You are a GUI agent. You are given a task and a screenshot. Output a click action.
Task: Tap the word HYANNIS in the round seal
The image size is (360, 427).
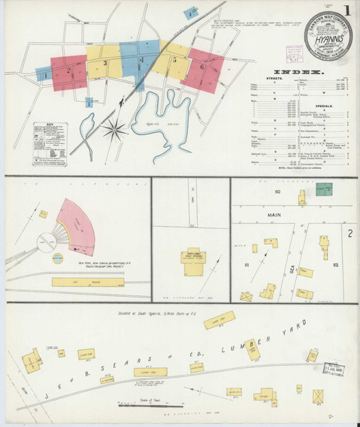click(324, 42)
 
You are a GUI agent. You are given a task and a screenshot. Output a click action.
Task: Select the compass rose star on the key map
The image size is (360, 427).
click(114, 130)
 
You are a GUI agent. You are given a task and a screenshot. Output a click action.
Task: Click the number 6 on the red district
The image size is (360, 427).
click(202, 67)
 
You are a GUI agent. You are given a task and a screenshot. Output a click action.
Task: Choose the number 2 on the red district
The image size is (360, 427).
click(69, 70)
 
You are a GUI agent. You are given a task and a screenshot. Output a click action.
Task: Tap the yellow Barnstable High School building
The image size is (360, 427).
click(191, 256)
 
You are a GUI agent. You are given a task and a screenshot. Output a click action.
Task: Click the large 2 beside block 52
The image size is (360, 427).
click(349, 232)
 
